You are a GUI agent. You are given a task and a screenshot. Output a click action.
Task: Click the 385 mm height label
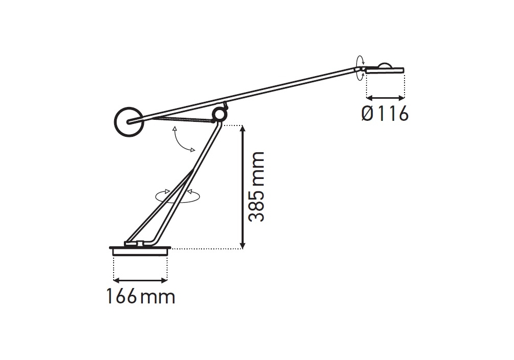pyautogui.click(x=256, y=187)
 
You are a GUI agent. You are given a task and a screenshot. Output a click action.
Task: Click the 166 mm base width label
pyautogui.click(x=141, y=297)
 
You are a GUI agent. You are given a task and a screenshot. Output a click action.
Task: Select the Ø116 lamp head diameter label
pyautogui.click(x=385, y=114)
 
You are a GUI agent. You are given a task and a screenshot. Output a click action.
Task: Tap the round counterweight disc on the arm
pyautogui.click(x=128, y=122)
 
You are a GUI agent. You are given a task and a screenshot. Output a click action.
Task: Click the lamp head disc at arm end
pyautogui.click(x=385, y=70)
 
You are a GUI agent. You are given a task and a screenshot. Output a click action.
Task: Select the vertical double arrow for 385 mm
pyautogui.click(x=243, y=187)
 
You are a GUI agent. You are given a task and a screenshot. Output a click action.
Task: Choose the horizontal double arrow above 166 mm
pyautogui.click(x=140, y=280)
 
